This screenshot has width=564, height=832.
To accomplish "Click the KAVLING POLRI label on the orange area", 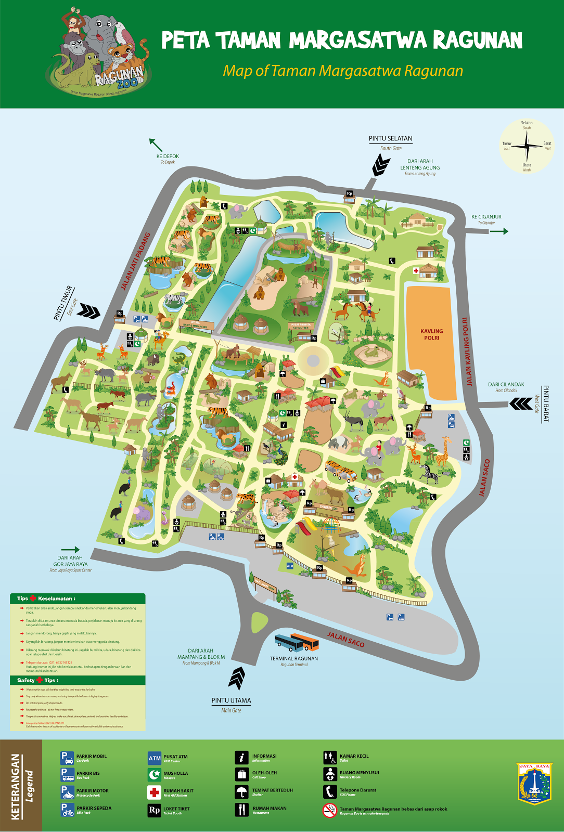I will (431, 334).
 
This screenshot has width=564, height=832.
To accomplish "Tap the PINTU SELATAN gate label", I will (390, 139).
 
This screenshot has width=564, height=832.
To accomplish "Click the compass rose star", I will (527, 146).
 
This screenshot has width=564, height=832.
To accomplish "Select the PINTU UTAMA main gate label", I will (231, 700).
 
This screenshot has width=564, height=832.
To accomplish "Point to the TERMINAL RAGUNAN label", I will (293, 658).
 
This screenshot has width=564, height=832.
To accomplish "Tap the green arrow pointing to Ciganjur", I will (498, 231).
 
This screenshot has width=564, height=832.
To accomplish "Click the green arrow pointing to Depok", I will (156, 145).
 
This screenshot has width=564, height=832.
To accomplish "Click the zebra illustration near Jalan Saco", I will (429, 473).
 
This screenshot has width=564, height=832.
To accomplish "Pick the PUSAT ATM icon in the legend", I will (155, 758).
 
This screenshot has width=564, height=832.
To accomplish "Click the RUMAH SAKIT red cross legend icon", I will (155, 792).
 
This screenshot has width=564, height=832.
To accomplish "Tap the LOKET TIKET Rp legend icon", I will (155, 810).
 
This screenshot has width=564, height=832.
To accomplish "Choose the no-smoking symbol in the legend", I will (330, 810).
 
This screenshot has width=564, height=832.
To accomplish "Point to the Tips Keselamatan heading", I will (47, 599).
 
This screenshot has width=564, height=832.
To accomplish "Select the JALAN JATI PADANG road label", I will (135, 261).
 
